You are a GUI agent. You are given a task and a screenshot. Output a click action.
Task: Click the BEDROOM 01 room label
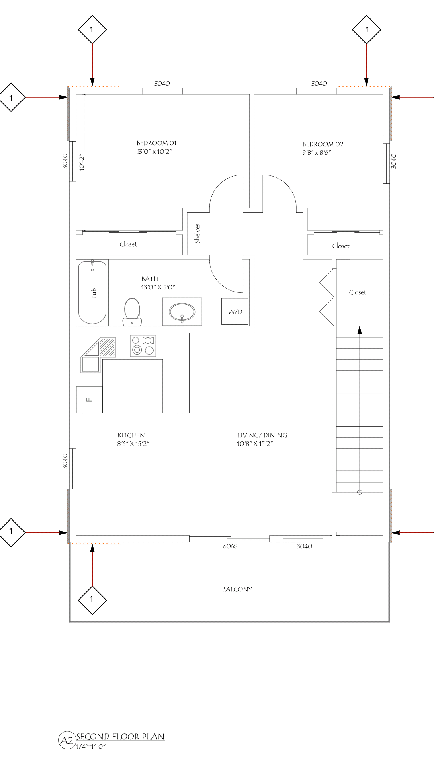156,143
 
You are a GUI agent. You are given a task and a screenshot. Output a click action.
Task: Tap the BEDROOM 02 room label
323,144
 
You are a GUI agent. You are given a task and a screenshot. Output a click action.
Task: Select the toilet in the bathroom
132,312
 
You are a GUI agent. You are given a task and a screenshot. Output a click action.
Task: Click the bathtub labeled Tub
92,292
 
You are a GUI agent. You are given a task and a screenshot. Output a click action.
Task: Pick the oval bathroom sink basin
182,312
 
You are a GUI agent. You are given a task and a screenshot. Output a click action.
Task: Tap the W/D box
235,312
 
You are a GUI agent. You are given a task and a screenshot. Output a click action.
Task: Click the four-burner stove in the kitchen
143,346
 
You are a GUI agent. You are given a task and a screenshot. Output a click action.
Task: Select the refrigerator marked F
89,400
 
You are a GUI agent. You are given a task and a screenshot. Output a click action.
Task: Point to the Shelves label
197,233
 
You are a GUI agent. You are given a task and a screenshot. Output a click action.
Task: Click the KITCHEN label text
131,435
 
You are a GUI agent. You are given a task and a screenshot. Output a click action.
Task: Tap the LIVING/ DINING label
262,435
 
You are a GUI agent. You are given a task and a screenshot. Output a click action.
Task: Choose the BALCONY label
237,589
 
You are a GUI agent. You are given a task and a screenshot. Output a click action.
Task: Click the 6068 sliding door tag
230,546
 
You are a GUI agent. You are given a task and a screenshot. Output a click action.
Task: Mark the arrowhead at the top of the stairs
360,330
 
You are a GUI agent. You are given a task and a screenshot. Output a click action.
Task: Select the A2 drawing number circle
67,740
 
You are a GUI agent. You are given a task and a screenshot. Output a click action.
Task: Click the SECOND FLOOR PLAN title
120,737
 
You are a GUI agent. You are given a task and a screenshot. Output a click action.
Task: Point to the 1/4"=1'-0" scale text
91,747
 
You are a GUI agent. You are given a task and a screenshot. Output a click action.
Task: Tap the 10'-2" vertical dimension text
82,162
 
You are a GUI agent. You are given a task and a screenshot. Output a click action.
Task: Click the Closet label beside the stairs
358,292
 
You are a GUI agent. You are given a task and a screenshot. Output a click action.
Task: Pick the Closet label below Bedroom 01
128,244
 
